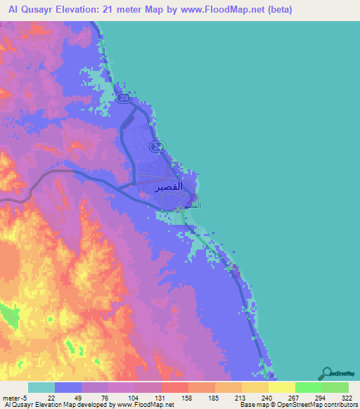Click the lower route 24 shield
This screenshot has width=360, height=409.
click(157, 145)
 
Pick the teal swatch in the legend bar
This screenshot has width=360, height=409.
click(41, 387)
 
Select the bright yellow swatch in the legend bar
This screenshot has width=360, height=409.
click(281, 387)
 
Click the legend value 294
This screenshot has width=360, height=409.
click(323, 397)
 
